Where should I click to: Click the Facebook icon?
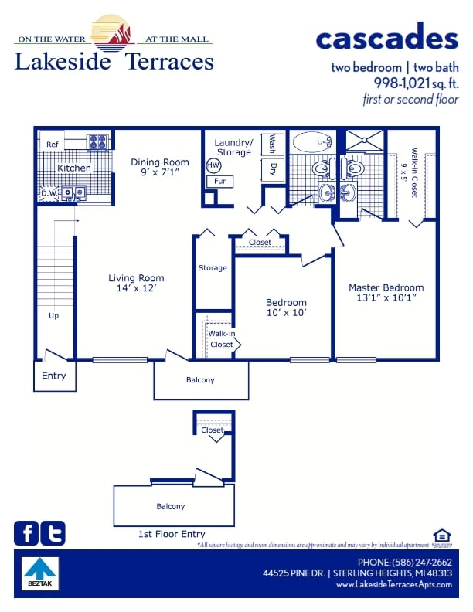tap(26, 533)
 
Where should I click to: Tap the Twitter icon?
tap(53, 533)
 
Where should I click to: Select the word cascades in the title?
tap(386, 37)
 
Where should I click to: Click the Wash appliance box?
tap(272, 144)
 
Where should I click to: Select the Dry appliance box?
tap(272, 170)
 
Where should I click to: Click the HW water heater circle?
tap(213, 165)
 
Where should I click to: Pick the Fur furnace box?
tap(219, 182)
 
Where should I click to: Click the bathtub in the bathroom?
tap(311, 142)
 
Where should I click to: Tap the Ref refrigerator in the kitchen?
tap(53, 144)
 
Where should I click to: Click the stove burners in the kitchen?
tap(98, 142)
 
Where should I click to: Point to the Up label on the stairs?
tap(53, 315)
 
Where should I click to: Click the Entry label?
tap(54, 376)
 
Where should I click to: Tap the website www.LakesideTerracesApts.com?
tap(393, 585)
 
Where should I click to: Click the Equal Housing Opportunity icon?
tap(441, 535)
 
